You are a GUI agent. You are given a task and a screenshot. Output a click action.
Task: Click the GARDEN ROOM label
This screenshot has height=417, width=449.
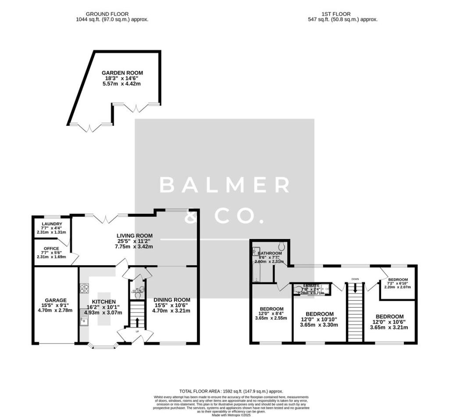click(122, 73)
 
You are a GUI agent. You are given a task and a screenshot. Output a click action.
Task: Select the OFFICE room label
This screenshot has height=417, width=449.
click(51, 249)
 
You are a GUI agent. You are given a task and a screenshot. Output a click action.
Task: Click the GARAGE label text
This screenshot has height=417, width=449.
click(55, 300)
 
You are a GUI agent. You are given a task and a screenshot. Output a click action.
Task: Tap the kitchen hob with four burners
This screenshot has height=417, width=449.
click(84, 289)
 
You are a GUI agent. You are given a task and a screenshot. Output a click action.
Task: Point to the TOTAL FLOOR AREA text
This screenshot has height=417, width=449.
click(231, 391)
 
